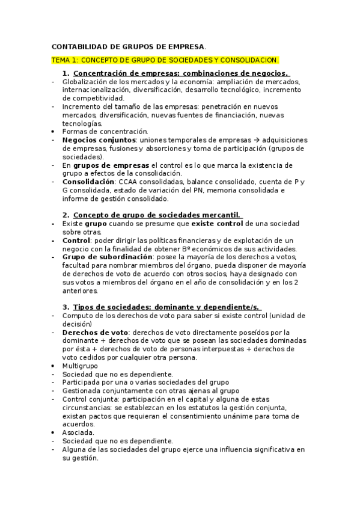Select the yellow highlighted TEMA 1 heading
[165, 60]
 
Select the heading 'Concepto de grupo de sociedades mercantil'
[156, 215]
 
